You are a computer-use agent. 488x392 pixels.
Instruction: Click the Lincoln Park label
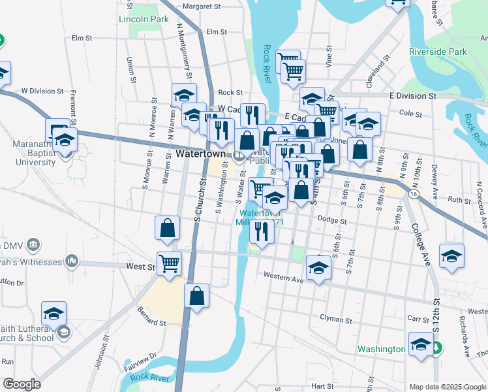[x=144, y=19]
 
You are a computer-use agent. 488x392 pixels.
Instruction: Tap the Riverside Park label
[x=438, y=51]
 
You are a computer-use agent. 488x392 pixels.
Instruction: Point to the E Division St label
[x=412, y=95]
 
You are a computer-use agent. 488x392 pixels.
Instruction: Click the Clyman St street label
[x=335, y=320]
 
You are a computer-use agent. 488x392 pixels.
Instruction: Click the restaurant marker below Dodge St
[x=261, y=231]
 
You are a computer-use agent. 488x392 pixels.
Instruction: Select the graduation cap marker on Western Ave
[x=318, y=268]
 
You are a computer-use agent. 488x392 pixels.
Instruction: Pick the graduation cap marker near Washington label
[x=421, y=343]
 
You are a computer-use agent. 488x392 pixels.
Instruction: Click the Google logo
[x=22, y=384]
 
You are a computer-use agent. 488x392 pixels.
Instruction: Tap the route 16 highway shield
[x=414, y=194]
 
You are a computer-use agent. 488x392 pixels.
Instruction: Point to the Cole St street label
[x=410, y=114]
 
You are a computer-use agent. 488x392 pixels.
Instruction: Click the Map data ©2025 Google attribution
[x=447, y=387]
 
